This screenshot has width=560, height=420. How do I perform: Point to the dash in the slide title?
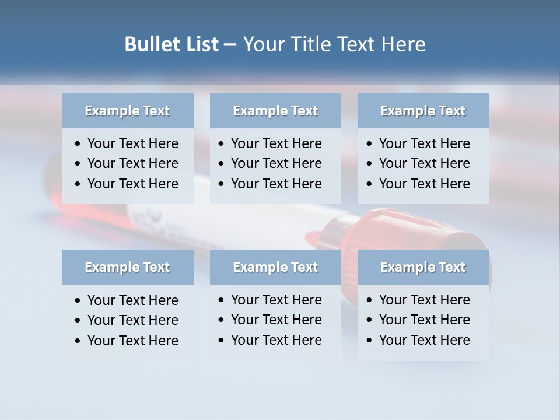230,45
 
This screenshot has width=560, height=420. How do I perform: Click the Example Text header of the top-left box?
127,111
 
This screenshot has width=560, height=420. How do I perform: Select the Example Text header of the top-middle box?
275,111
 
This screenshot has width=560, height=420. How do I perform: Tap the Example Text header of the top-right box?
423,111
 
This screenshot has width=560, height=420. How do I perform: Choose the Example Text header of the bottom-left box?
127,267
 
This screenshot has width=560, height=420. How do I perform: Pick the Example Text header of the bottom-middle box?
275,267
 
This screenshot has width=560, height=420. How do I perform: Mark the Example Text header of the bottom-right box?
423,267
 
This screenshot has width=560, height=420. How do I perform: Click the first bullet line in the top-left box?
132,143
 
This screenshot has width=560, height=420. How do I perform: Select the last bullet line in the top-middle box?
276,184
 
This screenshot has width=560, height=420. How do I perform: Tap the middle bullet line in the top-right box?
424,163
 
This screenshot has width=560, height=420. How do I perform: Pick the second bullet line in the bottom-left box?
132,320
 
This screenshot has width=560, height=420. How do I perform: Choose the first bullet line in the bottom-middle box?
276,300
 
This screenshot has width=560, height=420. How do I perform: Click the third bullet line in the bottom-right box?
424,340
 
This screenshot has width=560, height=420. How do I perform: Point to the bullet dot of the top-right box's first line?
370,144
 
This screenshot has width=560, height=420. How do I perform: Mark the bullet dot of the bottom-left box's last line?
78,341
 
